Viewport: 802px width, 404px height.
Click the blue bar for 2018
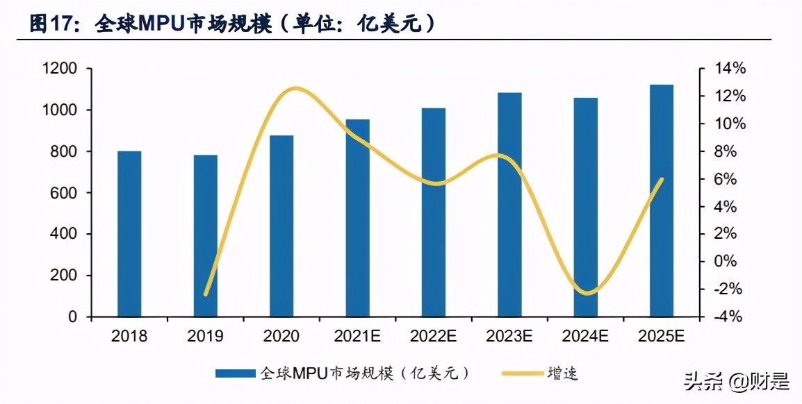[129, 234]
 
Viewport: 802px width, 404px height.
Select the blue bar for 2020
[281, 226]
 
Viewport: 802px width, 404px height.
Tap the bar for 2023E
[509, 205]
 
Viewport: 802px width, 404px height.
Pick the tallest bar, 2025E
[662, 201]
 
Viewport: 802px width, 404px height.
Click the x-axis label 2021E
[357, 337]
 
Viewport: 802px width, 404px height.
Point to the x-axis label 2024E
[585, 337]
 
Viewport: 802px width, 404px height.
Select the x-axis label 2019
[205, 337]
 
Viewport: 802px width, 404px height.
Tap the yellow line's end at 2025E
[662, 179]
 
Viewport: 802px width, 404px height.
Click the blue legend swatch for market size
[236, 373]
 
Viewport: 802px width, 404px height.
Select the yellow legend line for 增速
[521, 373]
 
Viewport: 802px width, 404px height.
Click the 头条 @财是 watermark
[737, 381]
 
